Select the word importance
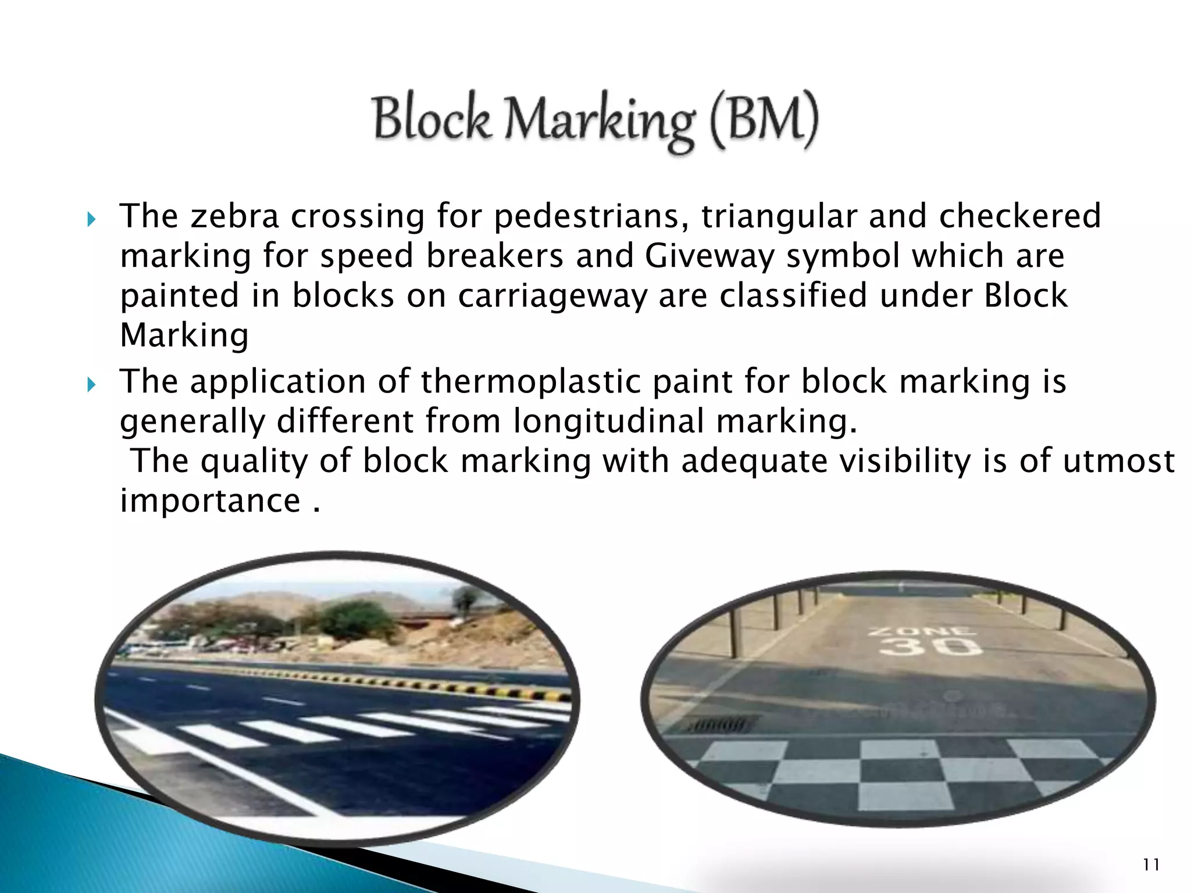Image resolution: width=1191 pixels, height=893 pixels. click(x=210, y=501)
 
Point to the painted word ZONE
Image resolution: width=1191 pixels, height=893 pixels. click(x=923, y=630)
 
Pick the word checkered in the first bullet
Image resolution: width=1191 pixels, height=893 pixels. click(x=1020, y=216)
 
